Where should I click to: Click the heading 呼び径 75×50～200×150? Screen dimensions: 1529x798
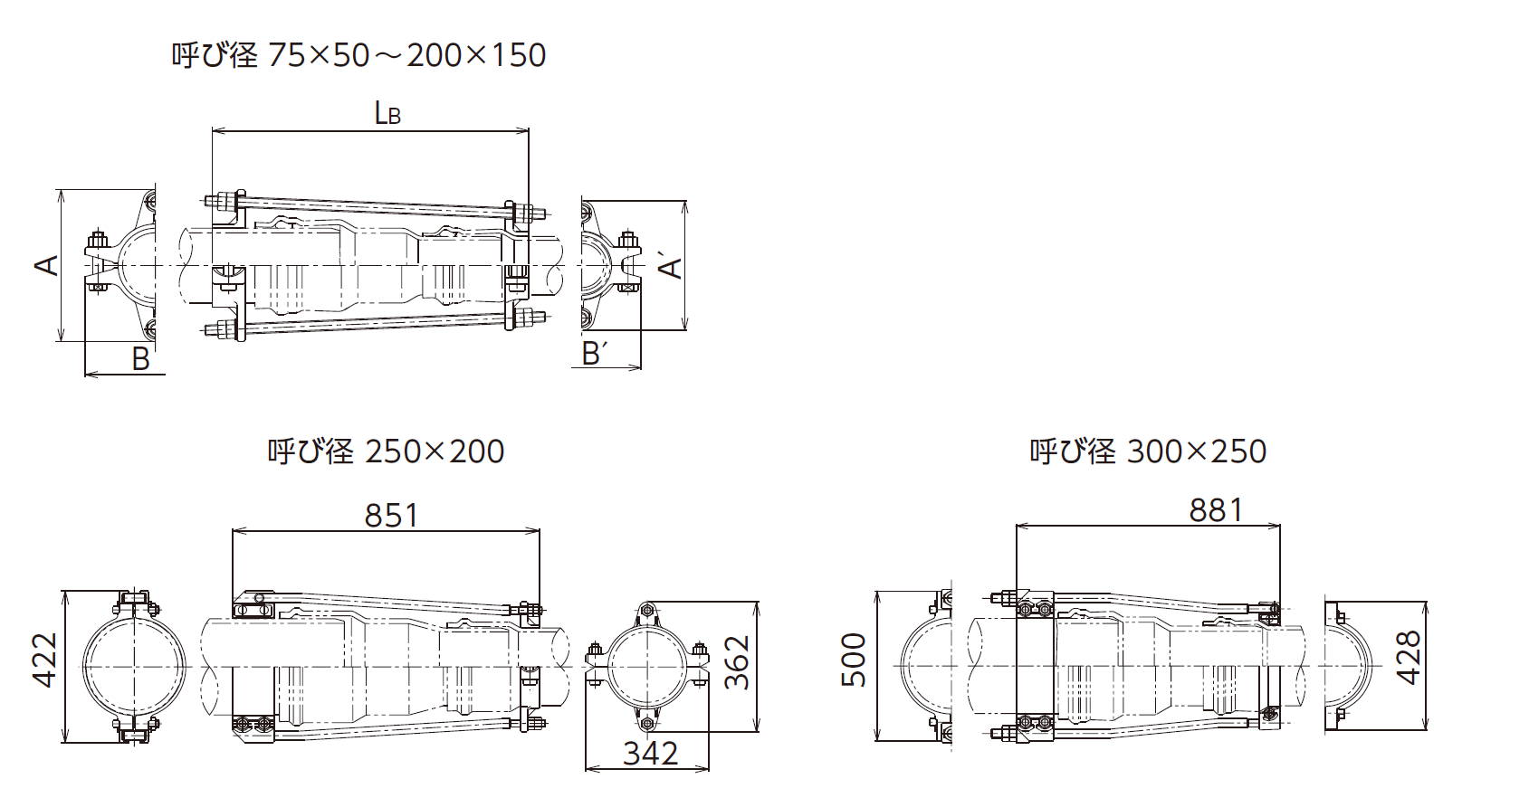click(358, 55)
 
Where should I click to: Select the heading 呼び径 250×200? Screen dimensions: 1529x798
click(386, 451)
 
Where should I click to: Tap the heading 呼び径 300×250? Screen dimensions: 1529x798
click(1148, 451)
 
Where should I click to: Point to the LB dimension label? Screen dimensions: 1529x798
click(387, 113)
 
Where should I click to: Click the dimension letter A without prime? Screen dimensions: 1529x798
click(47, 264)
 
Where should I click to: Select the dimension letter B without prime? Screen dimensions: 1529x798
click(140, 359)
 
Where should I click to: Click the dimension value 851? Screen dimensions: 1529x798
click(391, 516)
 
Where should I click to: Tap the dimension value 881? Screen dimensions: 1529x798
click(1216, 510)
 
